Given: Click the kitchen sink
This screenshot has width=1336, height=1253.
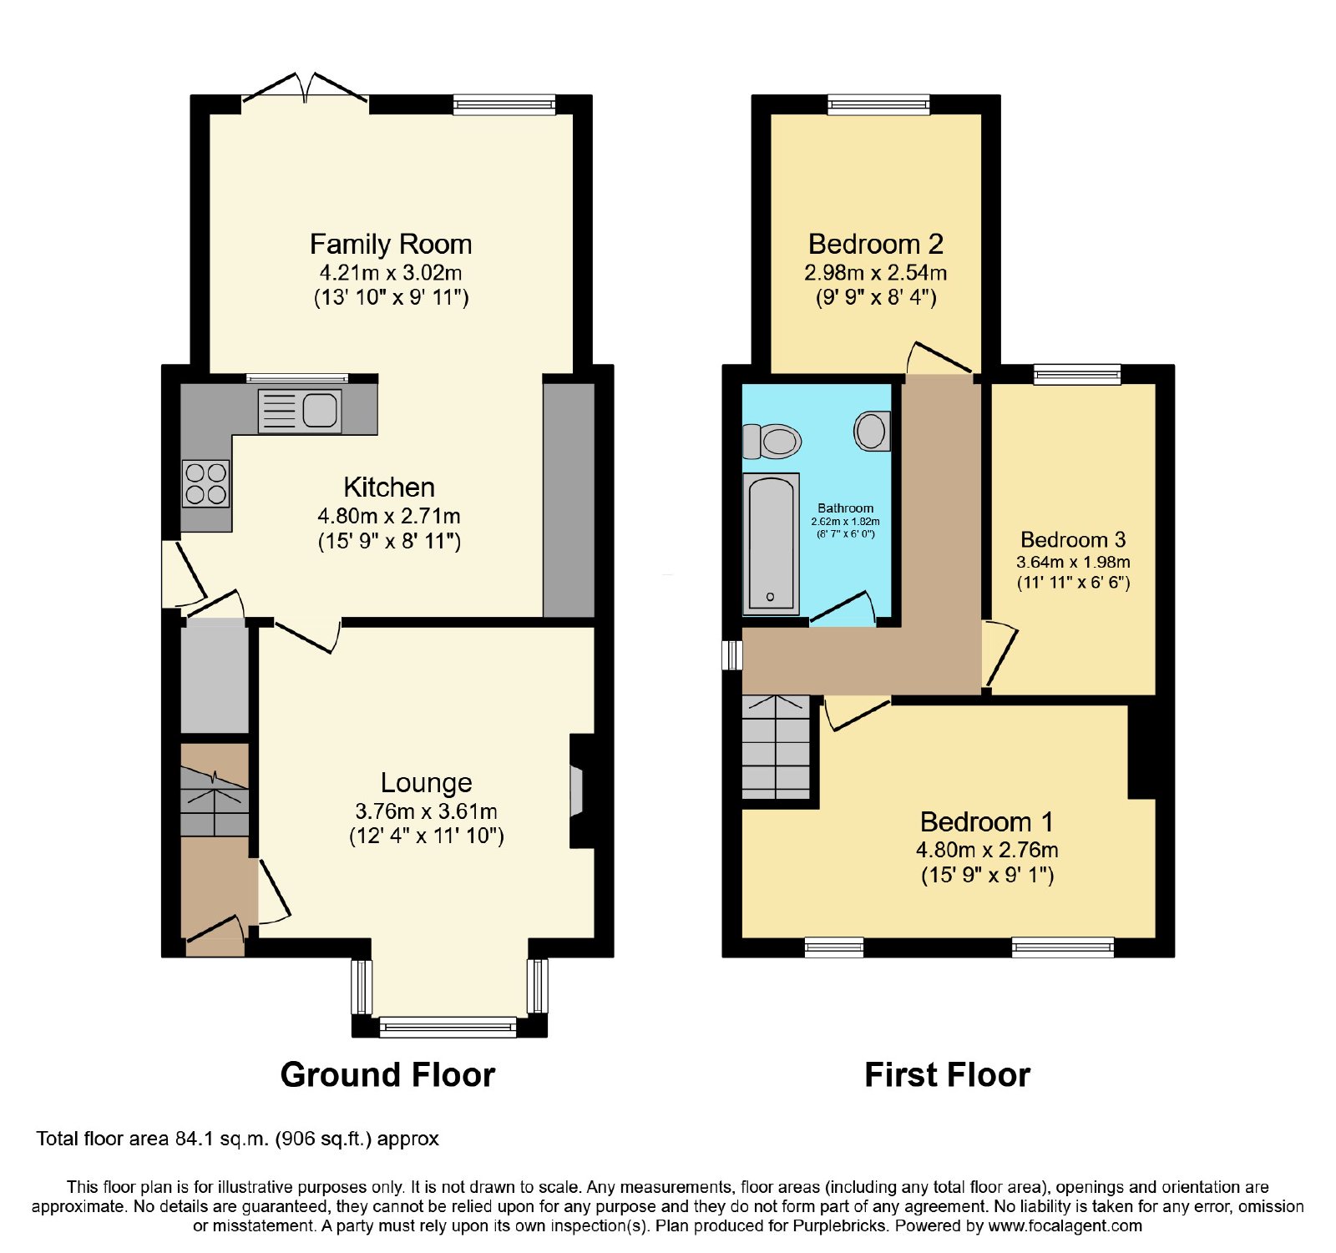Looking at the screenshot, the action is [300, 411].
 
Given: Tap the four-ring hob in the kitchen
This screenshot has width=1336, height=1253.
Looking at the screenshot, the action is [205, 484].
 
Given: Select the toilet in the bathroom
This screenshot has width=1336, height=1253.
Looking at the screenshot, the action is [772, 441].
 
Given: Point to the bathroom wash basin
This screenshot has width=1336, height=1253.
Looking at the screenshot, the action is [872, 431].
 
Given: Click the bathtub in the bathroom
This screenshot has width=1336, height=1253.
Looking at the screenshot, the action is [771, 543].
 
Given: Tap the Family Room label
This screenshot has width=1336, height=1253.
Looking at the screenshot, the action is [391, 244].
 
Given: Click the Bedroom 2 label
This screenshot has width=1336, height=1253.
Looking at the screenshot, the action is [876, 244].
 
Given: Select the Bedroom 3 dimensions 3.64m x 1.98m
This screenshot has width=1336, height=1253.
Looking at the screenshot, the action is [1073, 562].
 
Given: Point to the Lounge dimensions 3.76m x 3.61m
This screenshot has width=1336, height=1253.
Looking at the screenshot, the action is [426, 811].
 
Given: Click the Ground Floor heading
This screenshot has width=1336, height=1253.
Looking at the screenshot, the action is [387, 1074].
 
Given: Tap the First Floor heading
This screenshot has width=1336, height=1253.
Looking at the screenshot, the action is [947, 1074].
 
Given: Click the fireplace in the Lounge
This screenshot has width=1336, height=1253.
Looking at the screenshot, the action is [579, 791].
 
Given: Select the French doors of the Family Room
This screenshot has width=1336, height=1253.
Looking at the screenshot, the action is [305, 92].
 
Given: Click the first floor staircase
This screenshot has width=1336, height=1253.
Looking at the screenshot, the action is [777, 747].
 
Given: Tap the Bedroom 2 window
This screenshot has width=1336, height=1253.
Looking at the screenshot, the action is [878, 104].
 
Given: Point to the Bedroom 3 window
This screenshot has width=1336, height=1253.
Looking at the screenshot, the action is [1077, 374].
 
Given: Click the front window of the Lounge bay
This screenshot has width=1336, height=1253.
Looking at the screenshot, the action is [448, 1027].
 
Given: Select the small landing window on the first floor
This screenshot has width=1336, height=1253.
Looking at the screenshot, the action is [732, 655].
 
